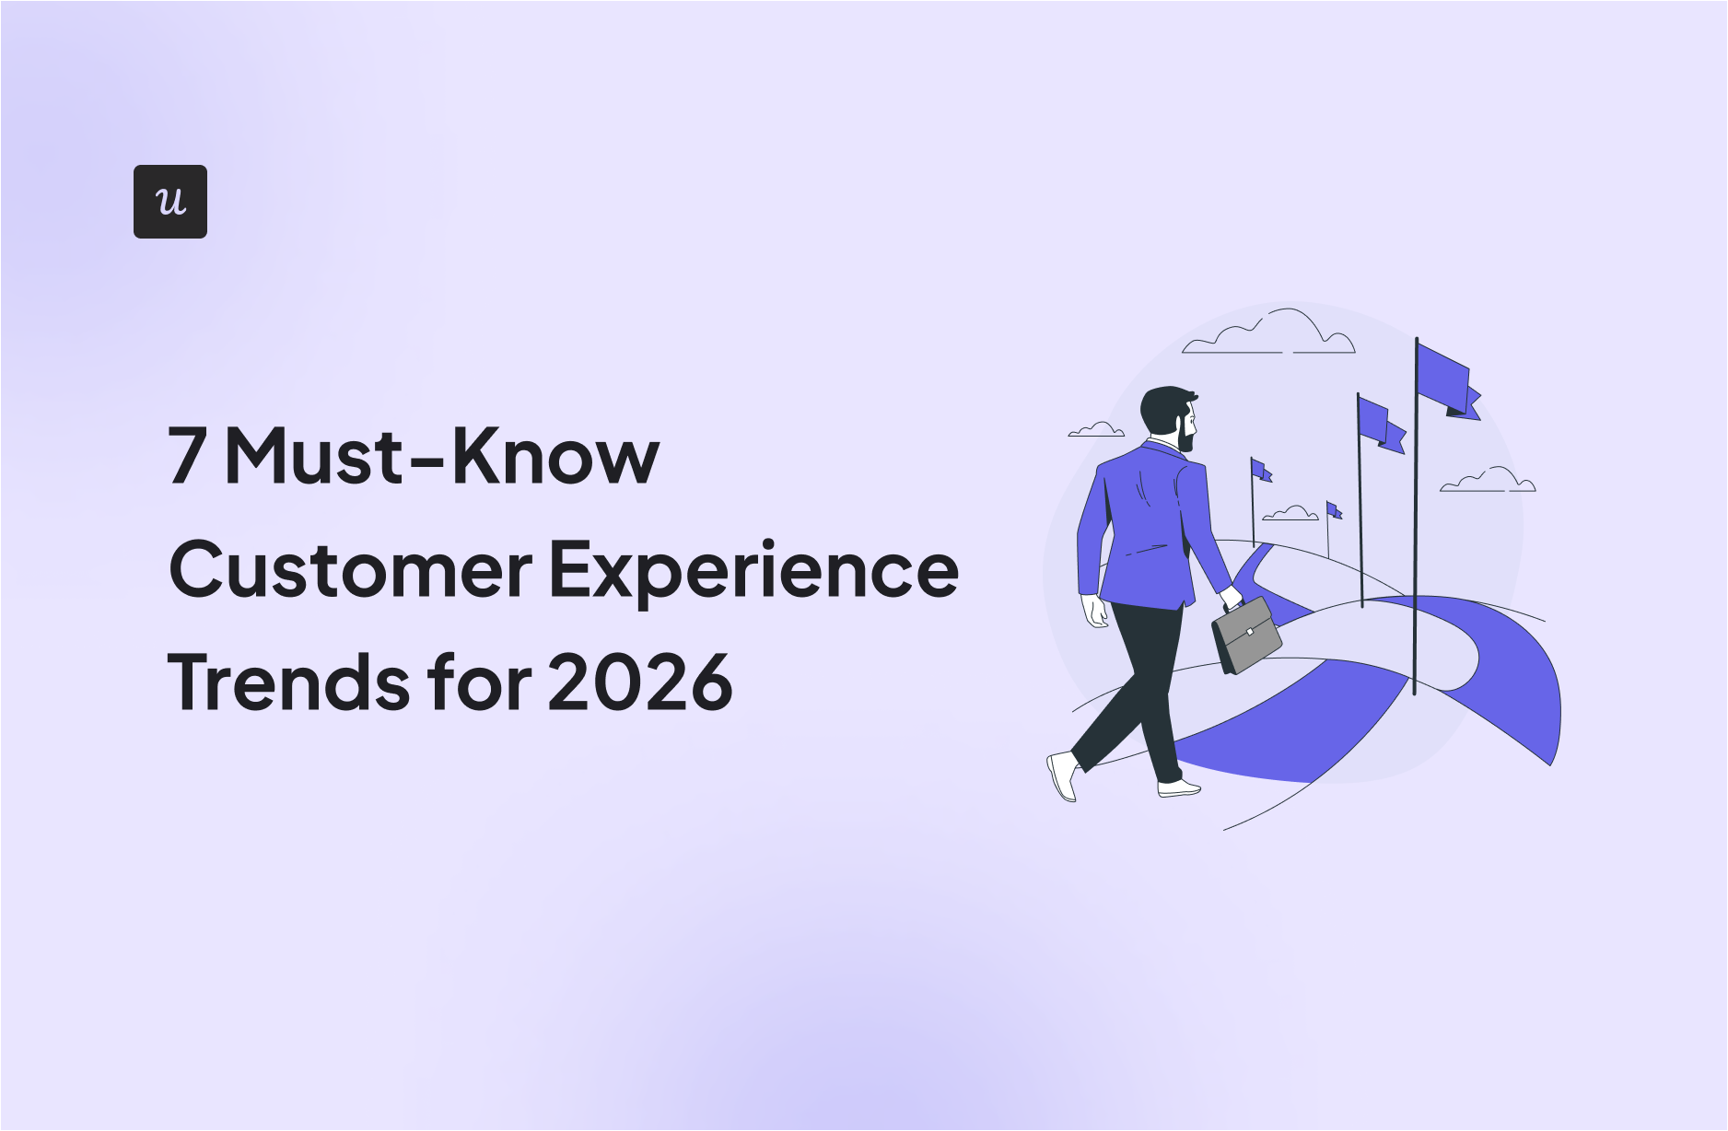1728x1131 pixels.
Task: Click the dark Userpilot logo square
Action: [170, 202]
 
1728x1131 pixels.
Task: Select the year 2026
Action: [640, 682]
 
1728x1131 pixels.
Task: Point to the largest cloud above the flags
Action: [1269, 332]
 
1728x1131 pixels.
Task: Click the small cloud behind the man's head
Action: [1096, 429]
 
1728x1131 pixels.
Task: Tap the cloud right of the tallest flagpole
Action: [1488, 479]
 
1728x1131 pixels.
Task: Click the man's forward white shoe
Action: [1179, 788]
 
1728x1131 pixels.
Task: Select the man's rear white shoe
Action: [1062, 775]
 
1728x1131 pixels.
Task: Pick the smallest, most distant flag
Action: [1334, 509]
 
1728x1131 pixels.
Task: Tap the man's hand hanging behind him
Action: [1095, 611]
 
